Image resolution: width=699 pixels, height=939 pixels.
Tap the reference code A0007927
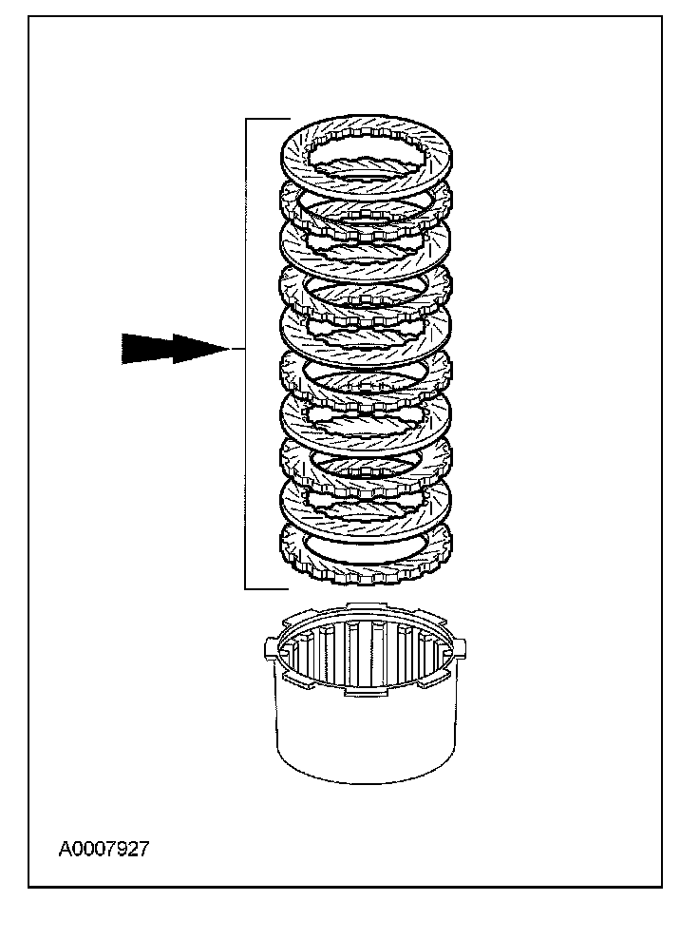104,850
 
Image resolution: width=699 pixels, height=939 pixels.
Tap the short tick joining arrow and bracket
237,350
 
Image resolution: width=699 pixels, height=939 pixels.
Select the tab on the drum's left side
269,650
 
